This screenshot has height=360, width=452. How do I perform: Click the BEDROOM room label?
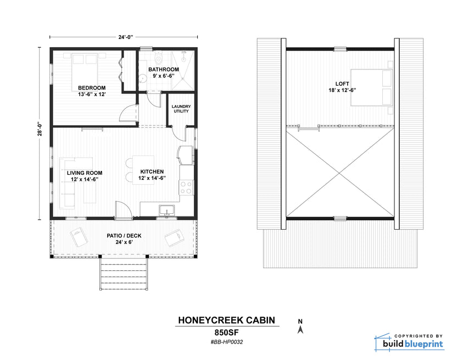(92, 87)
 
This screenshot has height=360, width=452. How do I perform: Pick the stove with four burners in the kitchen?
(186, 188)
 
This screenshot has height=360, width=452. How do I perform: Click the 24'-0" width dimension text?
(124, 38)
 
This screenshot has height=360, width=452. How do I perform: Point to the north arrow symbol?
(300, 328)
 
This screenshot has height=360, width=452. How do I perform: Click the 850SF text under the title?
(227, 333)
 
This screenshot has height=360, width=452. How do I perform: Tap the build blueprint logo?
(409, 343)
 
